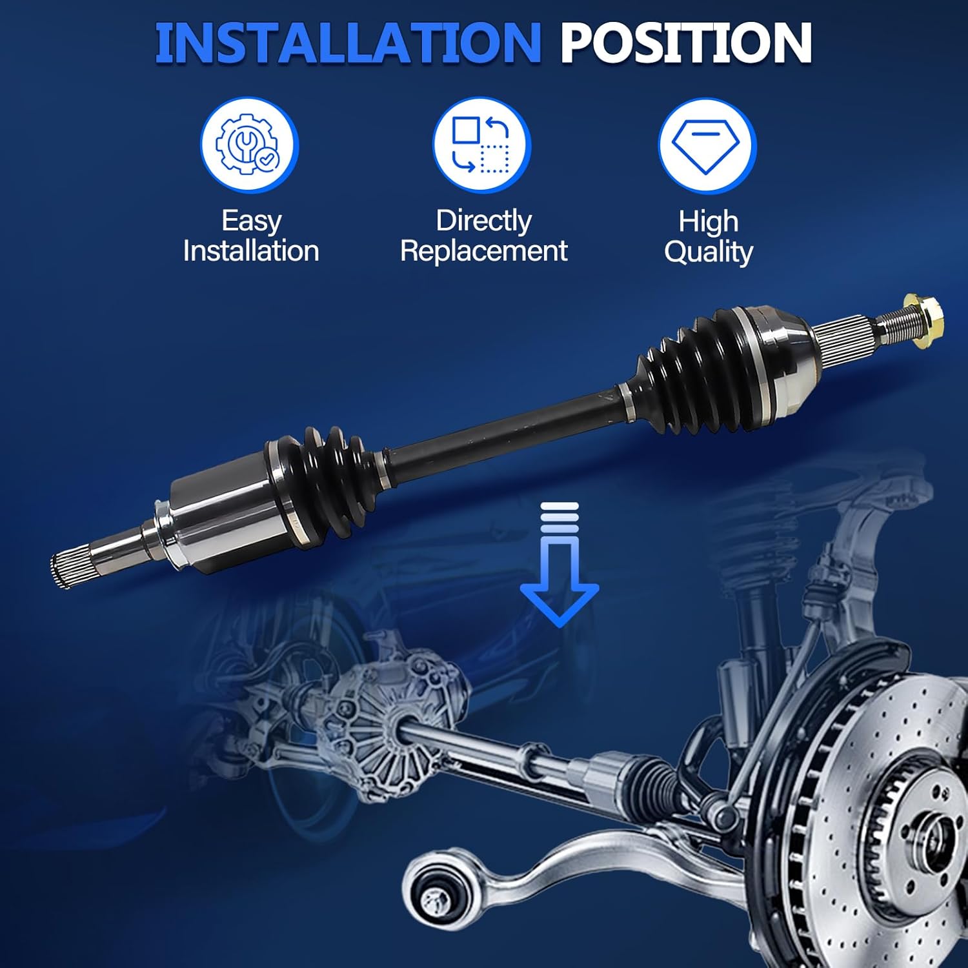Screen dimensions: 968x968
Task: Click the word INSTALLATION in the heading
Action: (347, 43)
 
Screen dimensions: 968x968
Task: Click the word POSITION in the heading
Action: (685, 43)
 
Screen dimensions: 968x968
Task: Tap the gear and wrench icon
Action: (250, 145)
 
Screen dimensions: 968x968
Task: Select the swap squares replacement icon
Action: (481, 145)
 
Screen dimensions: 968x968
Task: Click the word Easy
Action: (251, 221)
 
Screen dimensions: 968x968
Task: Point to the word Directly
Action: (483, 221)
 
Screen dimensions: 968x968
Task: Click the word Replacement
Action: (483, 251)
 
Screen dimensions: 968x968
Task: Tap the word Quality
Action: (709, 252)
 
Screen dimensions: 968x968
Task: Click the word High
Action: (708, 221)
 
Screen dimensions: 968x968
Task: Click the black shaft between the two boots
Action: (503, 429)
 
